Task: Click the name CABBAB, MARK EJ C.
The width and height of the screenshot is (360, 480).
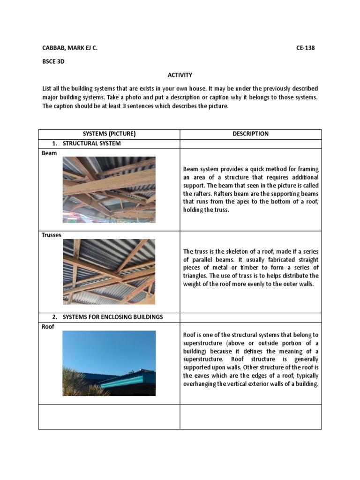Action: [70, 48]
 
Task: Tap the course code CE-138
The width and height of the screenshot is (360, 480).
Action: [309, 48]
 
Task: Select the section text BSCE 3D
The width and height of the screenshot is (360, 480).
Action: [53, 61]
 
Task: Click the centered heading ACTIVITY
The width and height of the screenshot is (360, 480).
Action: [180, 75]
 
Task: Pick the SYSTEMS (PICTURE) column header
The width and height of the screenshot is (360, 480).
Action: [109, 134]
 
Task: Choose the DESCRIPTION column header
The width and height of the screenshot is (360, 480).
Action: [250, 134]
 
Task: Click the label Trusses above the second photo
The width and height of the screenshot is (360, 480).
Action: [52, 235]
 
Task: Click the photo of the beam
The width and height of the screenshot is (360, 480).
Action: [109, 190]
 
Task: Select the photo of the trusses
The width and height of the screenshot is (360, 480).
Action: [109, 271]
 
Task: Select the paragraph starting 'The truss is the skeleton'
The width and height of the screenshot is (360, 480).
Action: [250, 268]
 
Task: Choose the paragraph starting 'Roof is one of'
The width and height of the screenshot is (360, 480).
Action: [250, 359]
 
